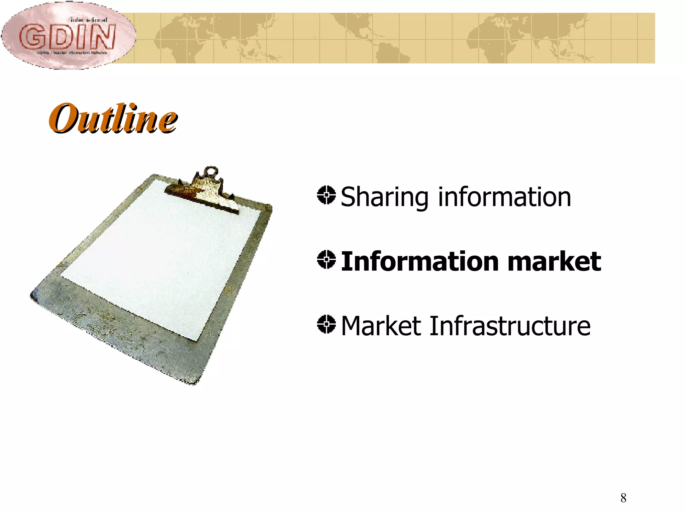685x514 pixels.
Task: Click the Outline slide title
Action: pos(113,118)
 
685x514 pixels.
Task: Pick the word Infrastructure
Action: pos(510,326)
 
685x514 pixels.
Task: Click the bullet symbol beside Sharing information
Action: pos(326,195)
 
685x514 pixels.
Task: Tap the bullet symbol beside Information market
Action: pos(326,259)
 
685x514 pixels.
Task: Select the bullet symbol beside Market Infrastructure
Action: pos(326,324)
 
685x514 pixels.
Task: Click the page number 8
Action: pos(623,498)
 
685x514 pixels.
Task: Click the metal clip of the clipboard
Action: pos(204,192)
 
